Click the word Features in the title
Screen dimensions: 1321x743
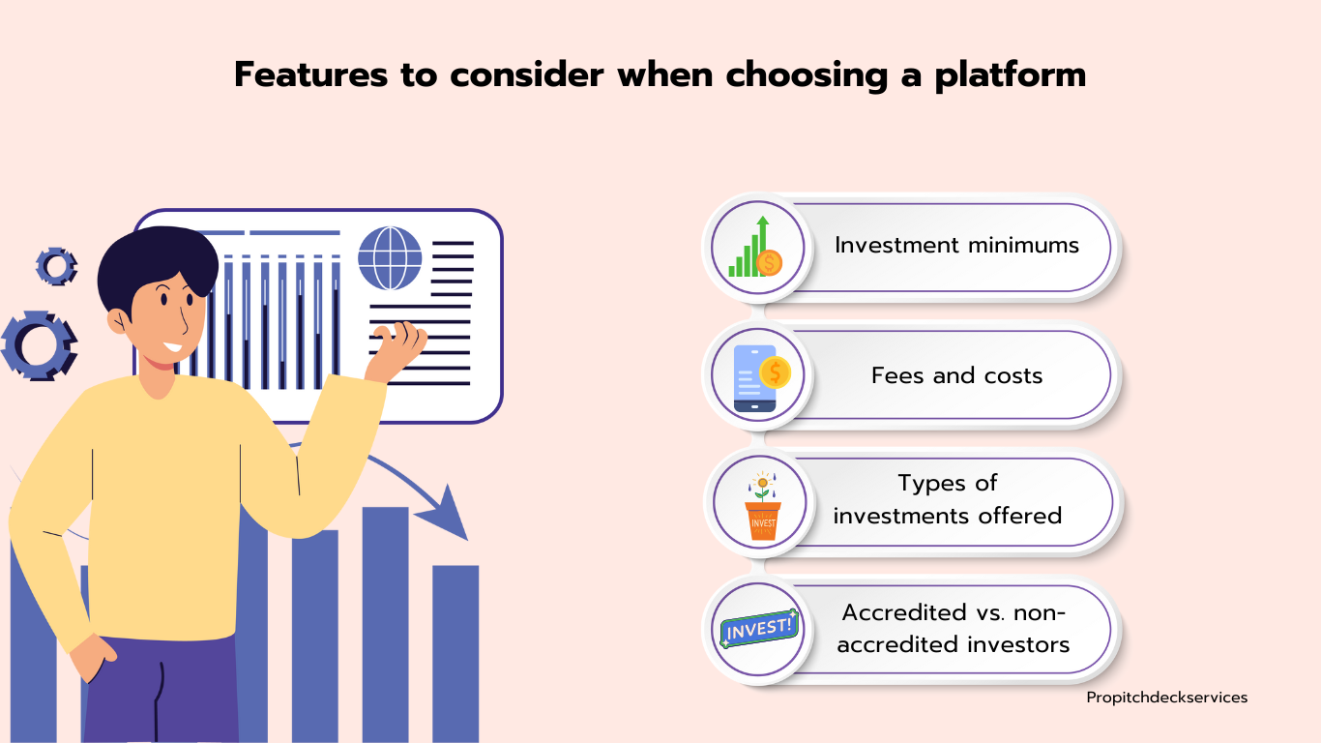pos(310,74)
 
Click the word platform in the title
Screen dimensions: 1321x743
pos(1011,75)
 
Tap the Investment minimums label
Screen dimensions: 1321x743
pos(956,245)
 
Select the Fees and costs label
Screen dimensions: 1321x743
pos(956,375)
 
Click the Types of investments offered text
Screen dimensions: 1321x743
pos(947,499)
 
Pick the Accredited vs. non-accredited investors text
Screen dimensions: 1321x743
pos(953,629)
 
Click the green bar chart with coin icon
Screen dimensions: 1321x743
pos(755,247)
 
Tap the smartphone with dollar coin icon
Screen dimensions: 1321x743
pos(761,378)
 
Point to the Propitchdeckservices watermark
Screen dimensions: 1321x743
pos(1166,698)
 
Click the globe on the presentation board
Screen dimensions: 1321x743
pos(390,258)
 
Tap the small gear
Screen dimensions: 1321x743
pos(57,266)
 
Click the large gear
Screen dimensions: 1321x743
pos(39,345)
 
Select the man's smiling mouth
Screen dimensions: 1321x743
pos(174,346)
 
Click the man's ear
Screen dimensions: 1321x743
pos(118,321)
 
